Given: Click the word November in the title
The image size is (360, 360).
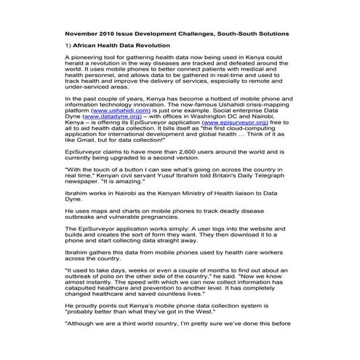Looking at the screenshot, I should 82,33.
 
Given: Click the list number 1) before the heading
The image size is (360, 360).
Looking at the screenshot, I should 68,45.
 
